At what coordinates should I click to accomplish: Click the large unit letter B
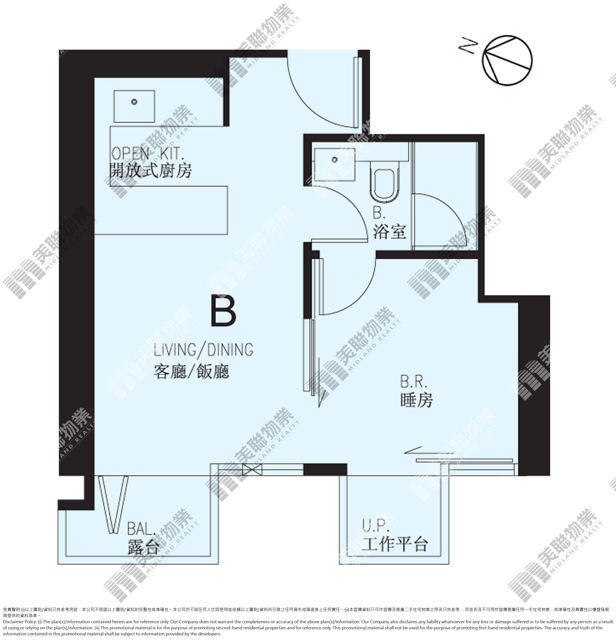tap(224, 310)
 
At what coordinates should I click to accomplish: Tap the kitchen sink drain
tap(134, 102)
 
